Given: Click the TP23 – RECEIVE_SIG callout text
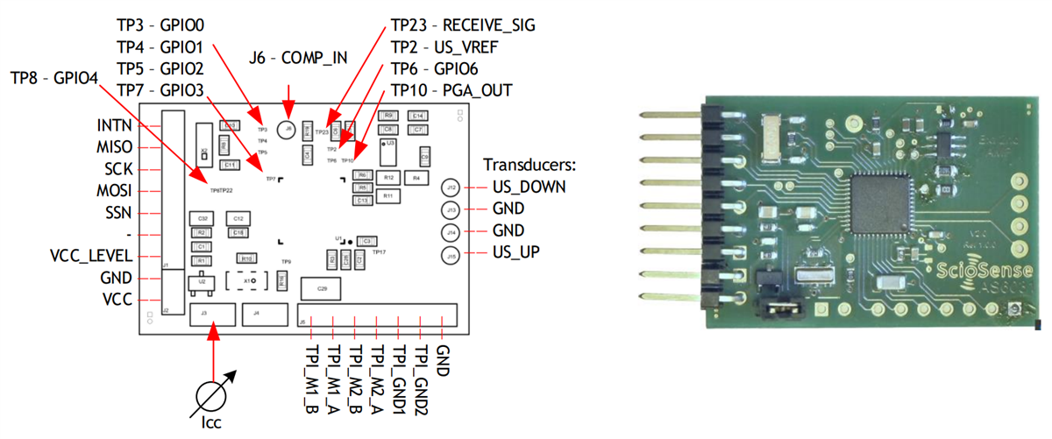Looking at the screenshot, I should pos(462,25).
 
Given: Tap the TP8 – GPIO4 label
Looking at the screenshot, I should pos(54,77).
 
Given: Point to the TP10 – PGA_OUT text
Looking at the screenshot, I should pos(451,90).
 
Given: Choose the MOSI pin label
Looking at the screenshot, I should pos(115,190).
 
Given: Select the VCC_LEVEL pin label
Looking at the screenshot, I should pos(91,256).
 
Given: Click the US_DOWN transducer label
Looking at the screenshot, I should pos(528,187).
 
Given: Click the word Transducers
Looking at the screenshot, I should pos(525,164).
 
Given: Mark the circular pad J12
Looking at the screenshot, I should pos(451,188).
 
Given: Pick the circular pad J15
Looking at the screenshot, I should pos(451,255).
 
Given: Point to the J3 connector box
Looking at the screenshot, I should pos(213,314).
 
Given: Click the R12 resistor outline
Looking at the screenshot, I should pos(390,178).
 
